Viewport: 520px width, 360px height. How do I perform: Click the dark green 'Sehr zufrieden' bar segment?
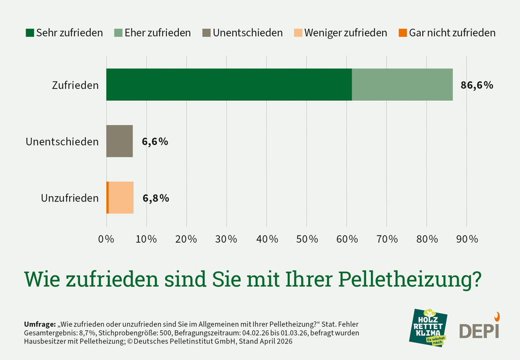pos(229,85)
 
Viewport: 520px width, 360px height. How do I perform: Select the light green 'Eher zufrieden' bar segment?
pos(402,85)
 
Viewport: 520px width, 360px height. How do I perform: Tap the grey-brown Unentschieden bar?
pos(119,141)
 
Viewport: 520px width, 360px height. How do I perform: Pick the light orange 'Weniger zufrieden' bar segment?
pos(121,198)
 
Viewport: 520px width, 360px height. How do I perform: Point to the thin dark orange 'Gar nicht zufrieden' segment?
pos(107,198)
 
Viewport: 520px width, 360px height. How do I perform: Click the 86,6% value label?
pos(476,85)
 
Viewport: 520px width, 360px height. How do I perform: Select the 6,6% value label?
pos(154,142)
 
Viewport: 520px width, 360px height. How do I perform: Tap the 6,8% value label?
pos(155,198)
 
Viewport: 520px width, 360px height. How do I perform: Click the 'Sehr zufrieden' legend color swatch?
pos(29,33)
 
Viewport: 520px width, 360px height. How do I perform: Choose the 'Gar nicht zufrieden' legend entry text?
pos(452,33)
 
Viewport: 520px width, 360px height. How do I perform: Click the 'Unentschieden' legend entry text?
pos(247,33)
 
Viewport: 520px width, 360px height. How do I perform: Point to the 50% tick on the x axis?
pos(307,239)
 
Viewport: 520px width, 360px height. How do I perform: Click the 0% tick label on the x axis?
pos(106,239)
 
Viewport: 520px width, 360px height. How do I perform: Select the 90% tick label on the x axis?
pos(466,239)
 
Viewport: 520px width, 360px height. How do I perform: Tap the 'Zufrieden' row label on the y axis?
pos(75,85)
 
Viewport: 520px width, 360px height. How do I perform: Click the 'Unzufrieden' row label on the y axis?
pos(70,198)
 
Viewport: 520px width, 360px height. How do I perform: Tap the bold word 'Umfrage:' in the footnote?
pos(39,324)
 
